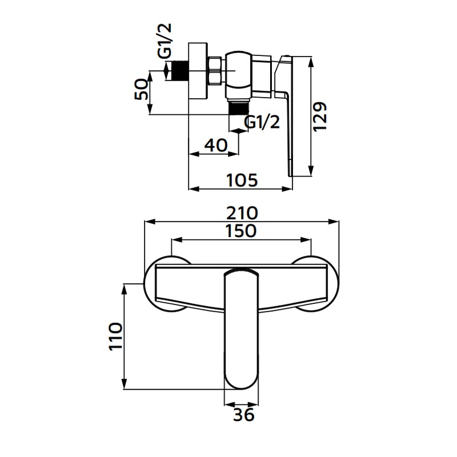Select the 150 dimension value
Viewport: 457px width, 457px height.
[241, 231]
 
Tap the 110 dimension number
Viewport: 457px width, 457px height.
[115, 336]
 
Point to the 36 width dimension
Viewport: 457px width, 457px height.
[244, 414]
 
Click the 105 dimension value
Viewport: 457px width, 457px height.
[242, 180]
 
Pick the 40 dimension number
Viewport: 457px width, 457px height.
[216, 145]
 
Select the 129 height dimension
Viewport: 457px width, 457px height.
[320, 117]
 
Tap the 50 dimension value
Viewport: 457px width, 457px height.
[141, 89]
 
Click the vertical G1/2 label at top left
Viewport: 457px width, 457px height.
[165, 40]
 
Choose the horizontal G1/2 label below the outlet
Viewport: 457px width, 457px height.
[262, 122]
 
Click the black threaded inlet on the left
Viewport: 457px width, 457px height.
[181, 70]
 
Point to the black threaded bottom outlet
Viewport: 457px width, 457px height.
[239, 108]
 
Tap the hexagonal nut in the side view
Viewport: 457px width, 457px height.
[216, 71]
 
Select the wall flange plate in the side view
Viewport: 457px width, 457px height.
[198, 71]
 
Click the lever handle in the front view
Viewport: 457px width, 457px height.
[242, 329]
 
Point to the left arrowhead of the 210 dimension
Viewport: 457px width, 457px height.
[149, 222]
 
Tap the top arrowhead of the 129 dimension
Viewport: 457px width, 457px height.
[311, 61]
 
